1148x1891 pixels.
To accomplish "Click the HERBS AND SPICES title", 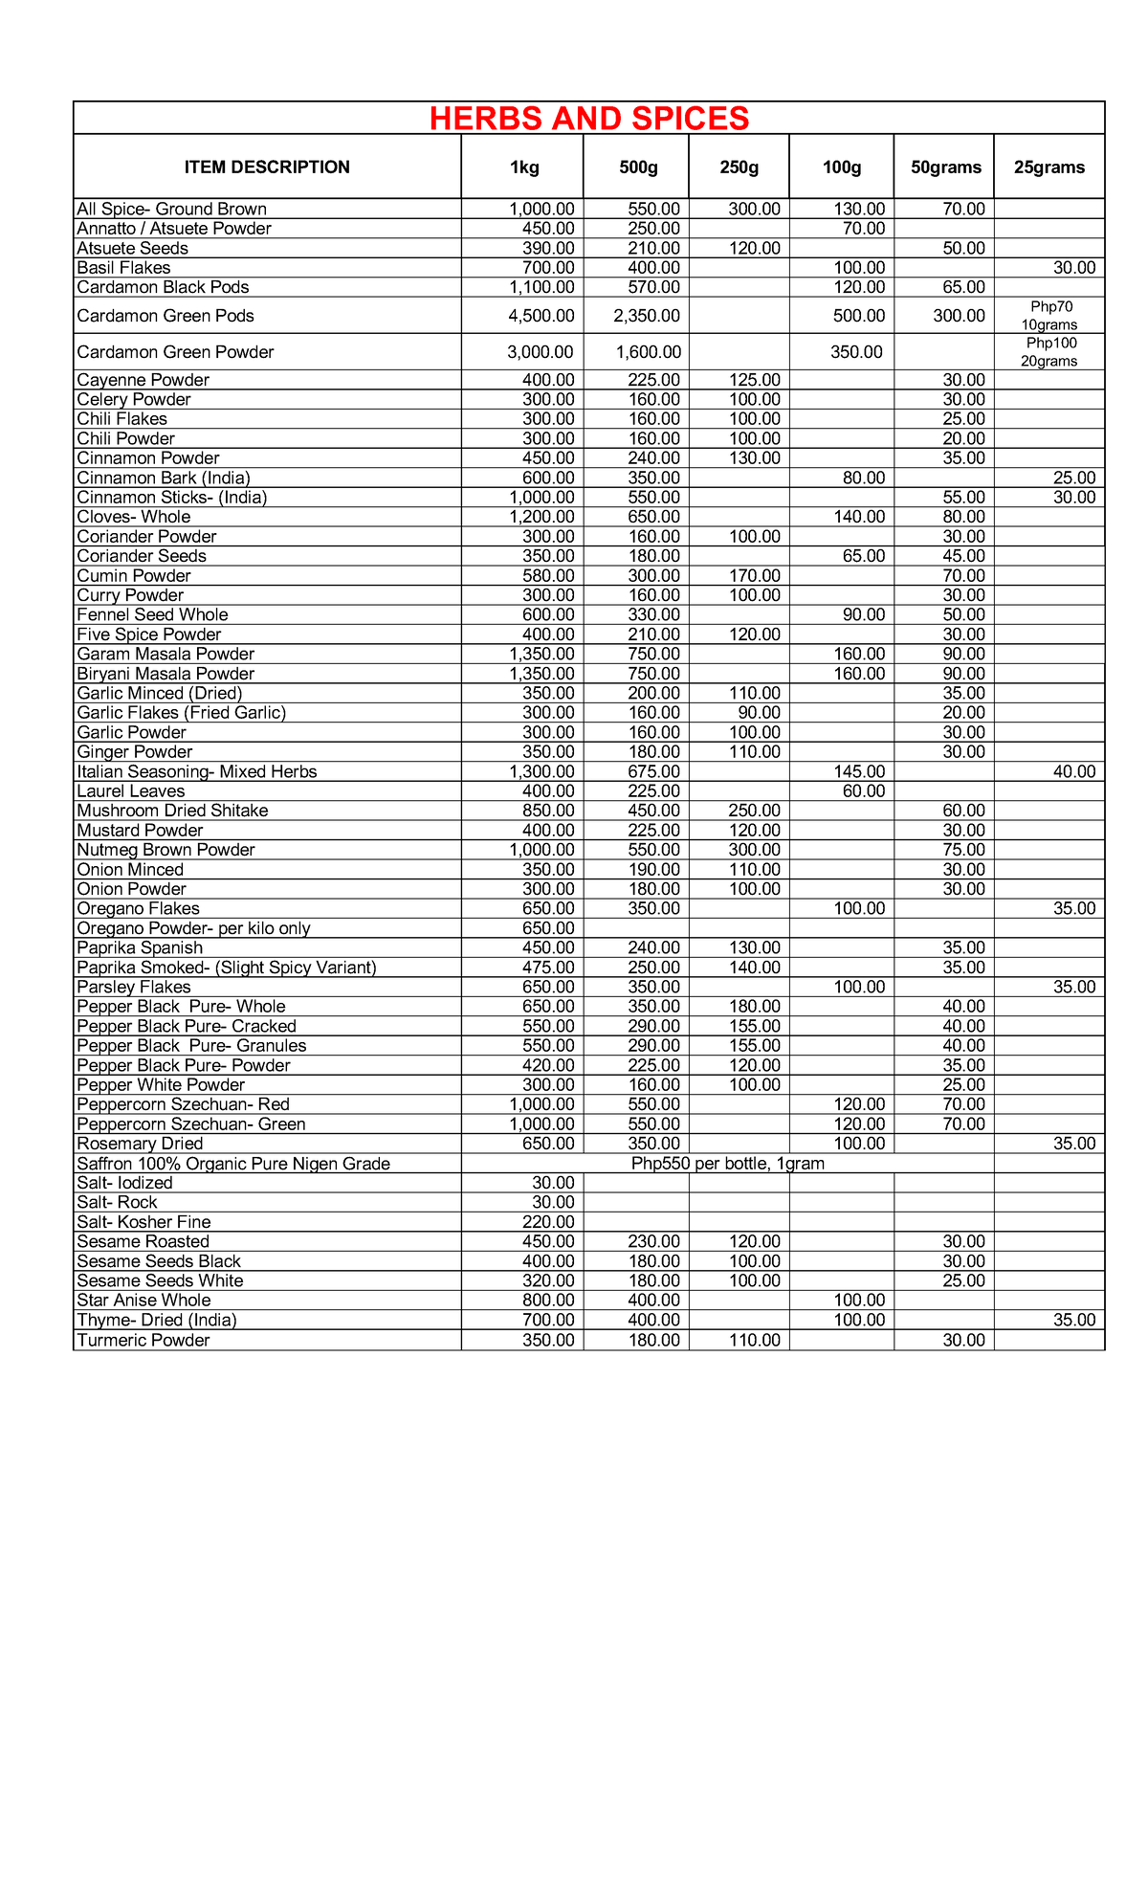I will [x=589, y=119].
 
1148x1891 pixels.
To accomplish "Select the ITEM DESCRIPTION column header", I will [x=267, y=167].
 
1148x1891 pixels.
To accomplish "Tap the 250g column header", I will [x=739, y=167].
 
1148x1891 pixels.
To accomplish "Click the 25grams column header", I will [x=1049, y=167].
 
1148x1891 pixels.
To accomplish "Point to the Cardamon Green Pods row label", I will [x=166, y=316].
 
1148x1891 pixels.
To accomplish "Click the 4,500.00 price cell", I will [x=541, y=316].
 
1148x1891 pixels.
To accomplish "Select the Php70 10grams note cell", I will [x=1049, y=316].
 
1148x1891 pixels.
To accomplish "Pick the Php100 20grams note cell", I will [x=1049, y=352].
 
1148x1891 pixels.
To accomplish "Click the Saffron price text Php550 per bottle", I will [x=727, y=1164].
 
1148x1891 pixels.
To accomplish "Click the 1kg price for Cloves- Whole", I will [x=541, y=517].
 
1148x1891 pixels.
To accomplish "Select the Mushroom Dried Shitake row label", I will [x=172, y=811].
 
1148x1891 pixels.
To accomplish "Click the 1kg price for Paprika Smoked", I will [x=548, y=968].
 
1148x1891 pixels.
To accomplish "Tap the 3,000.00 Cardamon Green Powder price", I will [x=541, y=352].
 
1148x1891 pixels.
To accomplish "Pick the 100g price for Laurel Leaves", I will [x=863, y=791].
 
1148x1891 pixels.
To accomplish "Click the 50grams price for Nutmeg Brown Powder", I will [x=963, y=850].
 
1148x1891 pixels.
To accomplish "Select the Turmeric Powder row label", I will [x=143, y=1341].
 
